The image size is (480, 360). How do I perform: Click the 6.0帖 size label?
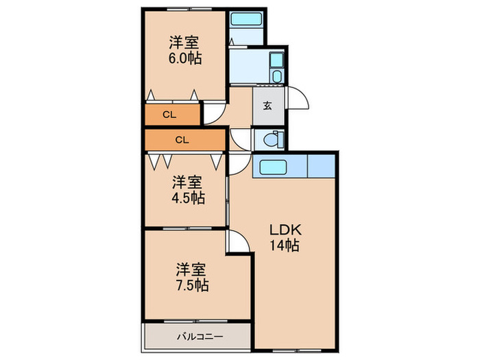[186, 59]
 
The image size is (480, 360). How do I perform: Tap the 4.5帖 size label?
[187, 198]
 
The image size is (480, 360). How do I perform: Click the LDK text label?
[284, 229]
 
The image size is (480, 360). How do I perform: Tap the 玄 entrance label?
[267, 106]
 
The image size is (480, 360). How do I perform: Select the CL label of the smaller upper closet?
[169, 115]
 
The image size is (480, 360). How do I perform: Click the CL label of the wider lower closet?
[182, 140]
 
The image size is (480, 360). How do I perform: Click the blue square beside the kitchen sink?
[321, 167]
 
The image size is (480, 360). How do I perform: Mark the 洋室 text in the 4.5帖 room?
[187, 182]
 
